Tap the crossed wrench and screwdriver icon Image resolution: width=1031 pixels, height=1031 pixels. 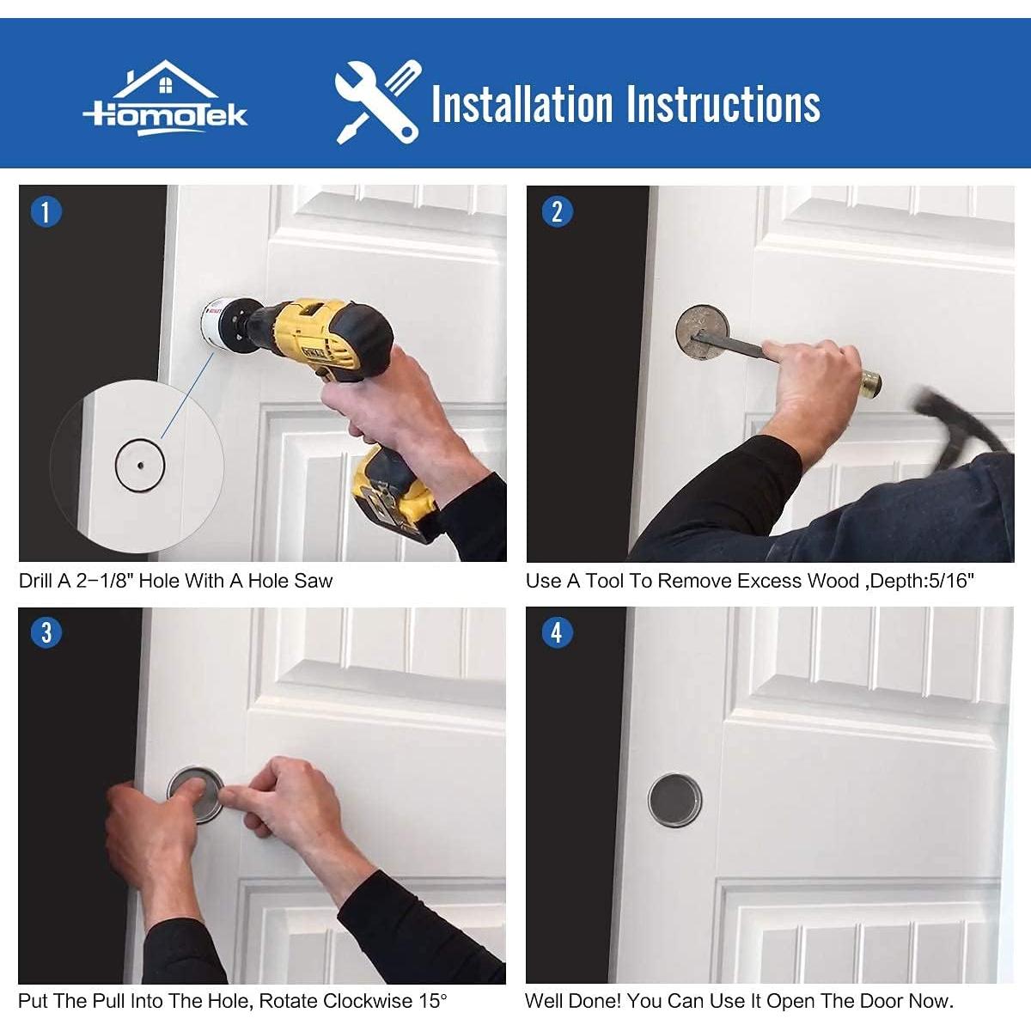coord(376,101)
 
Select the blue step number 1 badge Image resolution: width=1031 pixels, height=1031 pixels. coord(46,211)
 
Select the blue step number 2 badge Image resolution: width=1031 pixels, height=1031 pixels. coord(557,211)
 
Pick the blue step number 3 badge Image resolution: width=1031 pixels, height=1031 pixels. coord(46,633)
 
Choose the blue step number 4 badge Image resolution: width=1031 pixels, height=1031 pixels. coord(557,633)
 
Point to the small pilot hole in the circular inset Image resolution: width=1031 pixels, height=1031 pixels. coord(139,465)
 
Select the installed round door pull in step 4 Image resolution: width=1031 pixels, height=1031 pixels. coord(674,801)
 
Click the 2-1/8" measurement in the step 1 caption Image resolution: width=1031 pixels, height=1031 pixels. coord(105,581)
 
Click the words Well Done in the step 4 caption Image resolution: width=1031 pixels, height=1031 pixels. coord(572,1001)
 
